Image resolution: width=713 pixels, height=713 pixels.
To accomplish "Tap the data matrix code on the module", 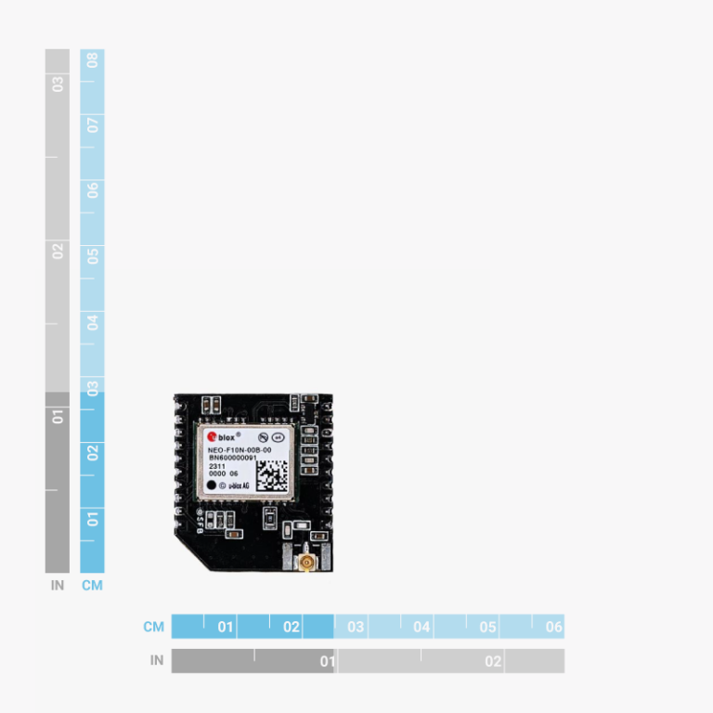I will (x=271, y=474).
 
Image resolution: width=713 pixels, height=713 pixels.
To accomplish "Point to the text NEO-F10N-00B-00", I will (x=240, y=449).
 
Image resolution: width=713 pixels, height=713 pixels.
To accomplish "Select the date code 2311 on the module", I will (x=215, y=466).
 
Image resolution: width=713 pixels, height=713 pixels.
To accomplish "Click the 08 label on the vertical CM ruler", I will (x=93, y=61).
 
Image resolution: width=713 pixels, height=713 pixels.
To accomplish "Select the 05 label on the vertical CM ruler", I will (x=93, y=255).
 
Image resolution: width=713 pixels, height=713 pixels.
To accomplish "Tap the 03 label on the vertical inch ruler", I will (x=58, y=84).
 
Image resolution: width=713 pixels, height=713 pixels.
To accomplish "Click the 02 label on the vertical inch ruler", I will (x=58, y=251).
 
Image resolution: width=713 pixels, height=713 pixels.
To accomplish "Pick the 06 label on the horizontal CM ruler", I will (x=553, y=627).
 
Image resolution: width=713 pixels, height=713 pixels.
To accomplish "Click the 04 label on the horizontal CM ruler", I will (x=421, y=627).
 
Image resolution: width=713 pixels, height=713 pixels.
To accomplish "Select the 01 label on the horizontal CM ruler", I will (x=226, y=627).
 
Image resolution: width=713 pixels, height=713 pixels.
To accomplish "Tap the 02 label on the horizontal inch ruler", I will (x=493, y=661).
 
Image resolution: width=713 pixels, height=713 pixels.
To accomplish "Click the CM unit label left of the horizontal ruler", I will (x=154, y=627).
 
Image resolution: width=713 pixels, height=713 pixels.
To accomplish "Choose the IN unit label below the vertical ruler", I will (x=58, y=586).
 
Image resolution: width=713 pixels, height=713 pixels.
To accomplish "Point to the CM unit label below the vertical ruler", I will (x=93, y=586).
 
